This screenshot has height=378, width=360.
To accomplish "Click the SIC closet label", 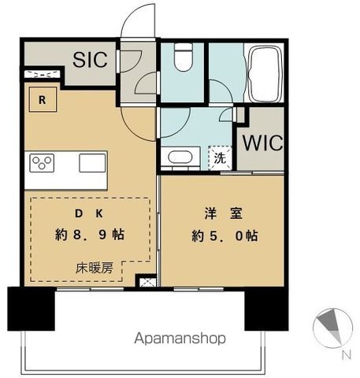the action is (90, 60).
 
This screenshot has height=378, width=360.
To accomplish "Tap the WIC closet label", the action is (262, 143).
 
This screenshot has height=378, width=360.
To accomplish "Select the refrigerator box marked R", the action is (43, 99).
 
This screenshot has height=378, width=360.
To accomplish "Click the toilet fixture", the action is (184, 57).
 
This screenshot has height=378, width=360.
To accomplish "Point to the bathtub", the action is (264, 74).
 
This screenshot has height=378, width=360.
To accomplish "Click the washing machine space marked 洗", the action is (220, 158).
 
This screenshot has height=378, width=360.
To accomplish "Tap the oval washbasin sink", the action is (180, 157).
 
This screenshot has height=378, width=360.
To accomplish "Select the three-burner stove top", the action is (42, 163).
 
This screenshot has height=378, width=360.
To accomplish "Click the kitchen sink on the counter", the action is (92, 163).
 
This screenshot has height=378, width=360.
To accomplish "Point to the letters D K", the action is (89, 213).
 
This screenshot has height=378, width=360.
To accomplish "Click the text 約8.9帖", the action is (90, 234).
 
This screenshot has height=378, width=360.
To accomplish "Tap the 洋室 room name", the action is (224, 213).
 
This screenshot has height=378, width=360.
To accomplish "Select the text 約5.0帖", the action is (225, 235).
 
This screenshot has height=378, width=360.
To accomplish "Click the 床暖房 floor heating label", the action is (95, 269).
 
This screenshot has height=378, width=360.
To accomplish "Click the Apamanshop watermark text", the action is (180, 339).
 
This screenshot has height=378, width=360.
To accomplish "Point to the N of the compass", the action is (347, 355).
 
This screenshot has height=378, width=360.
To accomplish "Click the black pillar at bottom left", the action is (32, 309).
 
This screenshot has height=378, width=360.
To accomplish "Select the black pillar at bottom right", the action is (266, 309).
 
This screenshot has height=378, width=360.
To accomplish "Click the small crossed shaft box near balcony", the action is (146, 281).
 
